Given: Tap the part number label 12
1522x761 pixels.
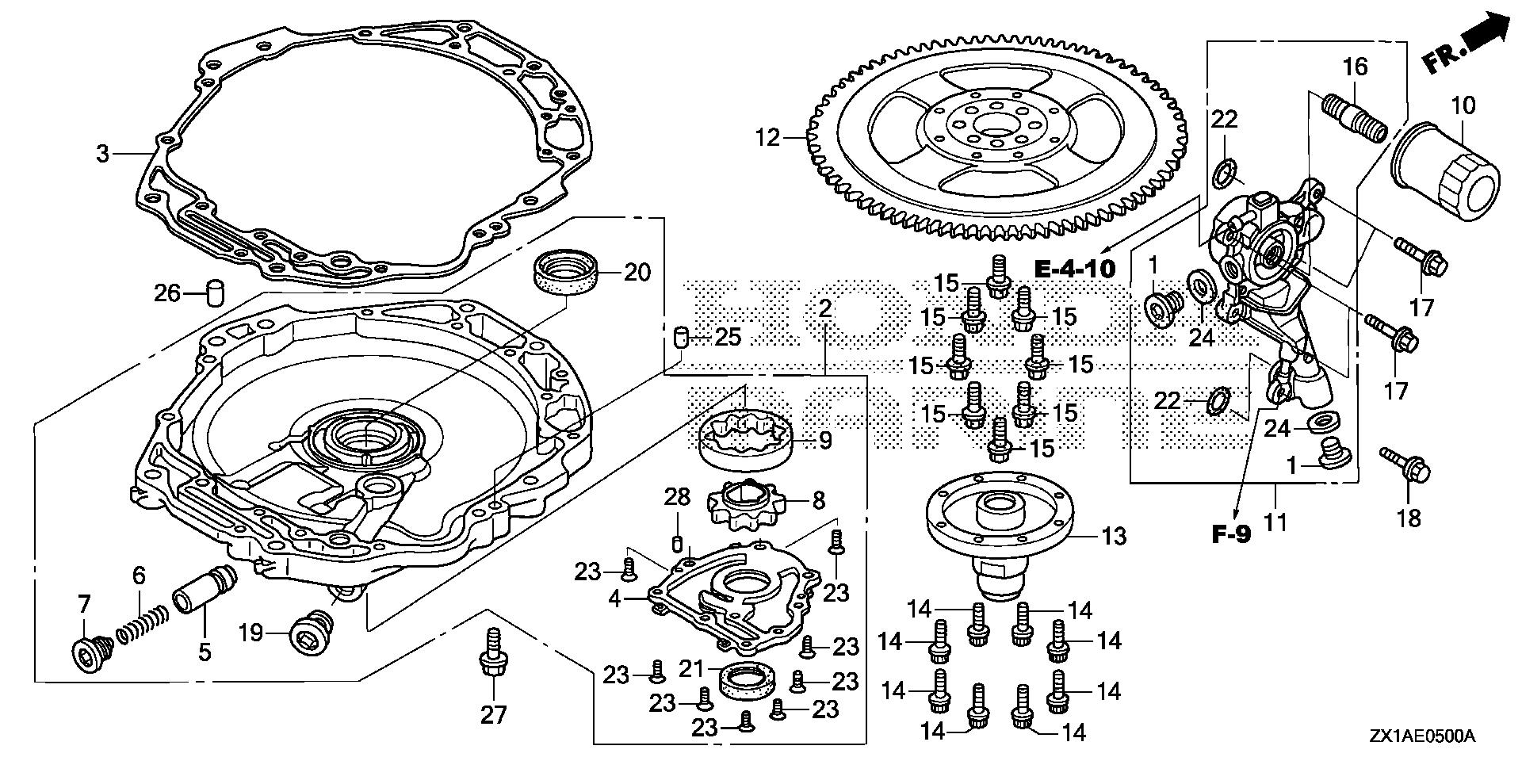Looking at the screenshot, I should pos(768,139).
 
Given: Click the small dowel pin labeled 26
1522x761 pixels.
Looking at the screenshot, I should pos(213,293).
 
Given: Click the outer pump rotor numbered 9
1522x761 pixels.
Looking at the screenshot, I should pos(747,440).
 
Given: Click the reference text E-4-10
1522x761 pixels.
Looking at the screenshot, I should pos(1076,269).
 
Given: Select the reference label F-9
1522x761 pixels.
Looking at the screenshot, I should pos(1231,534).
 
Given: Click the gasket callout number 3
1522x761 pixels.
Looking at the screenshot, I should pos(102,153).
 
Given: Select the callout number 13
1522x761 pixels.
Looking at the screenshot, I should pos(1114,537).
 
